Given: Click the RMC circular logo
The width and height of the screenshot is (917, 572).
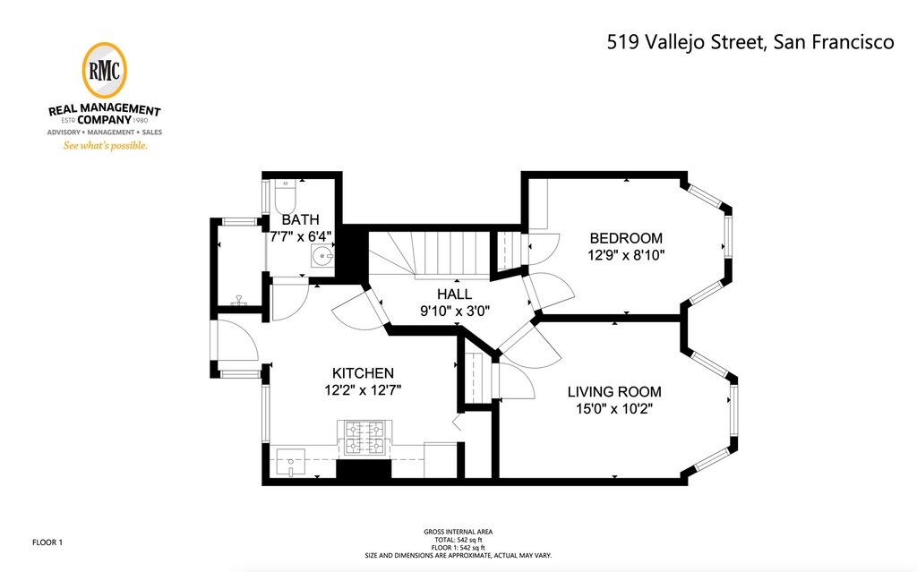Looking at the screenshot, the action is click(x=104, y=70).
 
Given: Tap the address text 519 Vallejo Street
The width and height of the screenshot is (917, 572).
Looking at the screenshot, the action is click(x=685, y=42).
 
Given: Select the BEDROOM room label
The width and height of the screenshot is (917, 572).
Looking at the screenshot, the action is click(x=626, y=238).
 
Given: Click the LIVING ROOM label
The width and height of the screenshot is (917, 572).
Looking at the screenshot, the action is click(x=614, y=392).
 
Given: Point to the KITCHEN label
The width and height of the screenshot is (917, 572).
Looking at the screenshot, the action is click(x=363, y=373).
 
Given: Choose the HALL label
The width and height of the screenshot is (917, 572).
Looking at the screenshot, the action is click(x=454, y=295).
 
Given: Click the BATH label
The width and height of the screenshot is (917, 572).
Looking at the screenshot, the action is click(x=301, y=220).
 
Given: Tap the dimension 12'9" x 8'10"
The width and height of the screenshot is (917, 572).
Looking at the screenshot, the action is click(x=626, y=255).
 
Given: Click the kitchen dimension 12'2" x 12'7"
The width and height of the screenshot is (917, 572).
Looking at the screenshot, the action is click(x=363, y=389).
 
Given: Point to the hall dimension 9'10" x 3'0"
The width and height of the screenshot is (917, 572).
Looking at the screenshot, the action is click(x=454, y=311).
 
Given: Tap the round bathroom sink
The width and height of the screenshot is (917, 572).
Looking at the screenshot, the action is click(x=322, y=256).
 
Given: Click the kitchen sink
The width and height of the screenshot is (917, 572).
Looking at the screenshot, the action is click(x=291, y=463).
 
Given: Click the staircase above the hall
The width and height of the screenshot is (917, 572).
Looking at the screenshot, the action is click(x=431, y=253).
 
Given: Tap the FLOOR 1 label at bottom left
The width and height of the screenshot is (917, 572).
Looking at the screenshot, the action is click(x=47, y=542).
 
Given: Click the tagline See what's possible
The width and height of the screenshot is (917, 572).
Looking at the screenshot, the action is click(x=106, y=146).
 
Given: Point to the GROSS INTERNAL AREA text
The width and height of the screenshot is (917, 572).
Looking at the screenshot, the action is click(x=458, y=532).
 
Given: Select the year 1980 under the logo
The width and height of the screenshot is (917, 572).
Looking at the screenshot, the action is click(x=141, y=121).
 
